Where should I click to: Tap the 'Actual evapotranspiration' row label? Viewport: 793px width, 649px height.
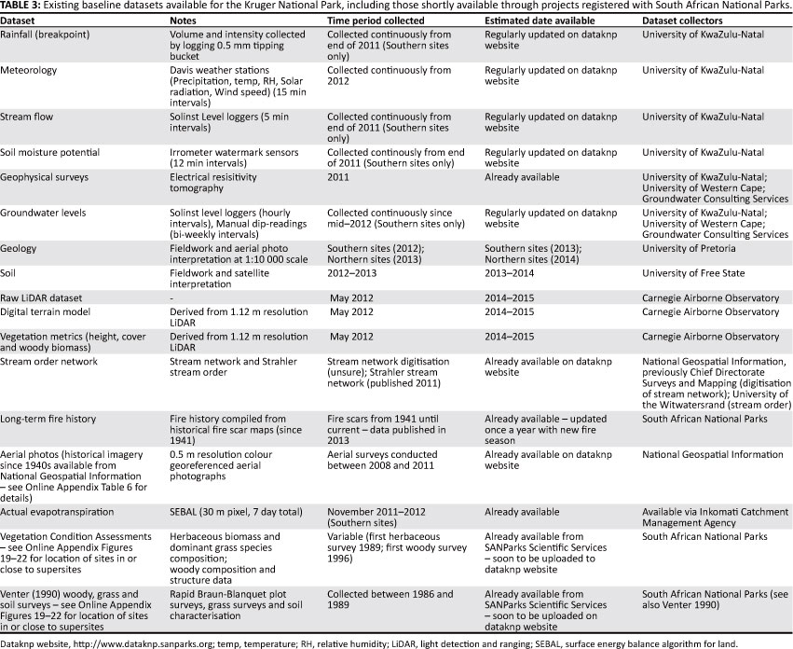[58, 512]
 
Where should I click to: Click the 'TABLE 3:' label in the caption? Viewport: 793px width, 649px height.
[21, 7]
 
